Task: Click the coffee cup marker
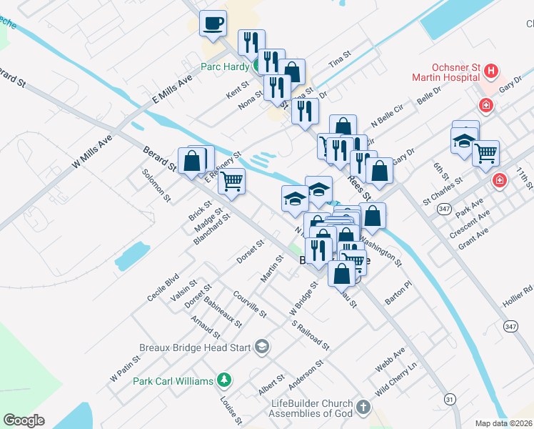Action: point(213,24)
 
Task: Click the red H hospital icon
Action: point(490,71)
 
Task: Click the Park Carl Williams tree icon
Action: point(224,380)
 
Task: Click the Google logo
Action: point(24,420)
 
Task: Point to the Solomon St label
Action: point(156,184)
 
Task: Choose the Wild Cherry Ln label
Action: point(396,379)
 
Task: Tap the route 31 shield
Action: point(449,398)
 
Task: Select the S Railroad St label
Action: point(310,335)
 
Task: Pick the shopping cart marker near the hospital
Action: point(485,152)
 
